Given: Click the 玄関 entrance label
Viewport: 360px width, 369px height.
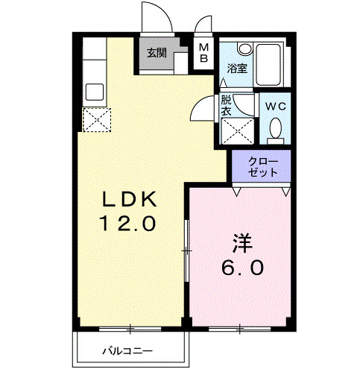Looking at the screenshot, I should point(157,53).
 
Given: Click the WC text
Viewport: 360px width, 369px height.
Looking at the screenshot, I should point(277,105).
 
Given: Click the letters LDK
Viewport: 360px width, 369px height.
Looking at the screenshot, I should point(128,199).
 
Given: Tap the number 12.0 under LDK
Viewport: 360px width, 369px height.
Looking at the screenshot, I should point(128,223).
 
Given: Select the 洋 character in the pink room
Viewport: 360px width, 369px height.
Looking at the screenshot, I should point(240,243).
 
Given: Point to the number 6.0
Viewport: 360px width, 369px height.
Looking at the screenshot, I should point(240,267).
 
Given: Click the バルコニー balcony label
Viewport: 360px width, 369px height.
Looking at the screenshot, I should point(127,350).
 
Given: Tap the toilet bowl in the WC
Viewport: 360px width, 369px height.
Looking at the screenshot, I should point(277,128).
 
